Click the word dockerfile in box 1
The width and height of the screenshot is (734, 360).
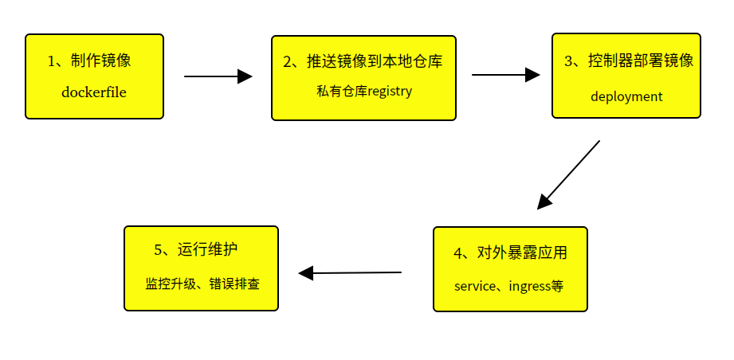(x=94, y=92)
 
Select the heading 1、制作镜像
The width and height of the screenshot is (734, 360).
(x=94, y=61)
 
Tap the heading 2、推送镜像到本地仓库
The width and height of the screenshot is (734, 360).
(x=363, y=61)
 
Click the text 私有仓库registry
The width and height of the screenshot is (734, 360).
(x=364, y=91)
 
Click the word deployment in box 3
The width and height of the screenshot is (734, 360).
(x=626, y=96)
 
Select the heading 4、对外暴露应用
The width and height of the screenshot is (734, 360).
(x=510, y=253)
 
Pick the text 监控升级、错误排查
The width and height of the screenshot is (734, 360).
(x=202, y=283)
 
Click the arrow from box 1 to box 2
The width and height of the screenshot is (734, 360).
(x=217, y=76)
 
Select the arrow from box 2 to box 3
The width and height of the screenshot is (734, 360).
(x=505, y=75)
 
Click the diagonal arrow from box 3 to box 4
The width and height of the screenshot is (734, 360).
(x=569, y=174)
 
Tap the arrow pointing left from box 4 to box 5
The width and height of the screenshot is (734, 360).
(x=351, y=273)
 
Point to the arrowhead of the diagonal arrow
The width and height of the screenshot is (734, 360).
(x=544, y=202)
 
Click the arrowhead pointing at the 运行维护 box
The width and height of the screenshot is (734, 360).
(x=306, y=273)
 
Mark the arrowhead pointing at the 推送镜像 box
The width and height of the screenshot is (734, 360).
(x=245, y=76)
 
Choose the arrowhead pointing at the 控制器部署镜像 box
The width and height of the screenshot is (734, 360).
(x=532, y=75)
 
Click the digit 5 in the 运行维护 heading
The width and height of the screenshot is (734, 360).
(x=158, y=250)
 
